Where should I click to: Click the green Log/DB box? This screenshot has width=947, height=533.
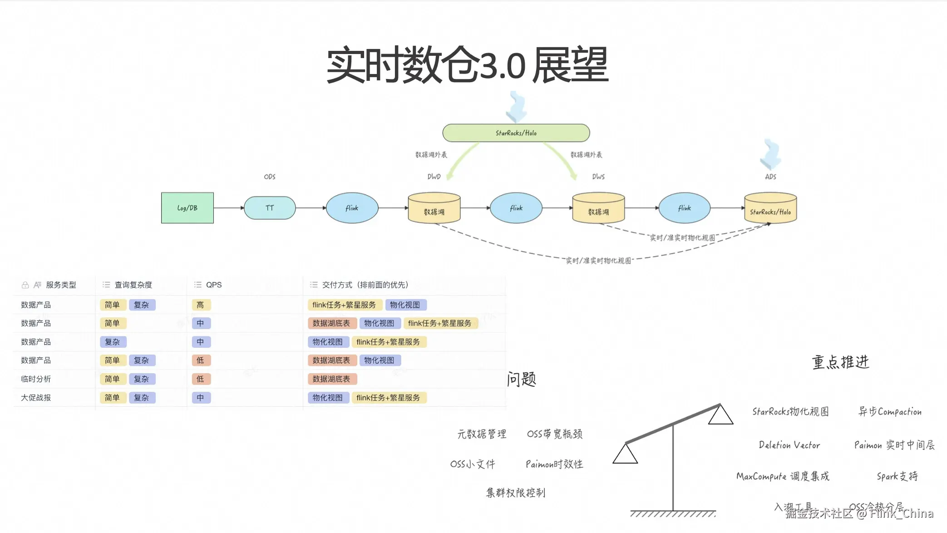click(187, 208)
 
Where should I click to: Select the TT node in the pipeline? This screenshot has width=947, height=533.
click(270, 208)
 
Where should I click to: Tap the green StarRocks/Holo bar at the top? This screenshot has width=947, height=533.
click(516, 133)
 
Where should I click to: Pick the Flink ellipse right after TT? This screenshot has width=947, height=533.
click(352, 208)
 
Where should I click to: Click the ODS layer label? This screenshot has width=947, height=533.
click(270, 177)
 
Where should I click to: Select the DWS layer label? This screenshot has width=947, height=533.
click(598, 177)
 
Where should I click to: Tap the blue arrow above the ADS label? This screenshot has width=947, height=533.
click(770, 153)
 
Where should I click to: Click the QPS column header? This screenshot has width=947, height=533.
click(213, 285)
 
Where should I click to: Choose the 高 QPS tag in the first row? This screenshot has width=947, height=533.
click(200, 305)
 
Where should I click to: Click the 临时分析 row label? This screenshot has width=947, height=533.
click(36, 379)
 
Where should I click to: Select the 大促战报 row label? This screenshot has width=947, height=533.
click(36, 398)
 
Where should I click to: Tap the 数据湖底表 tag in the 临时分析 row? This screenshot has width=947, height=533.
click(331, 379)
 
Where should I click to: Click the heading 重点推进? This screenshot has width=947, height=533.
click(840, 362)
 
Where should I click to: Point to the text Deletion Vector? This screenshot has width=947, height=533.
click(789, 445)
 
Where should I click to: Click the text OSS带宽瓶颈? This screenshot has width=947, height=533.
click(554, 434)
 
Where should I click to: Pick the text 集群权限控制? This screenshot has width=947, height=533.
click(515, 493)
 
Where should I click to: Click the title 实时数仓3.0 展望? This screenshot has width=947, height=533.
click(468, 65)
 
